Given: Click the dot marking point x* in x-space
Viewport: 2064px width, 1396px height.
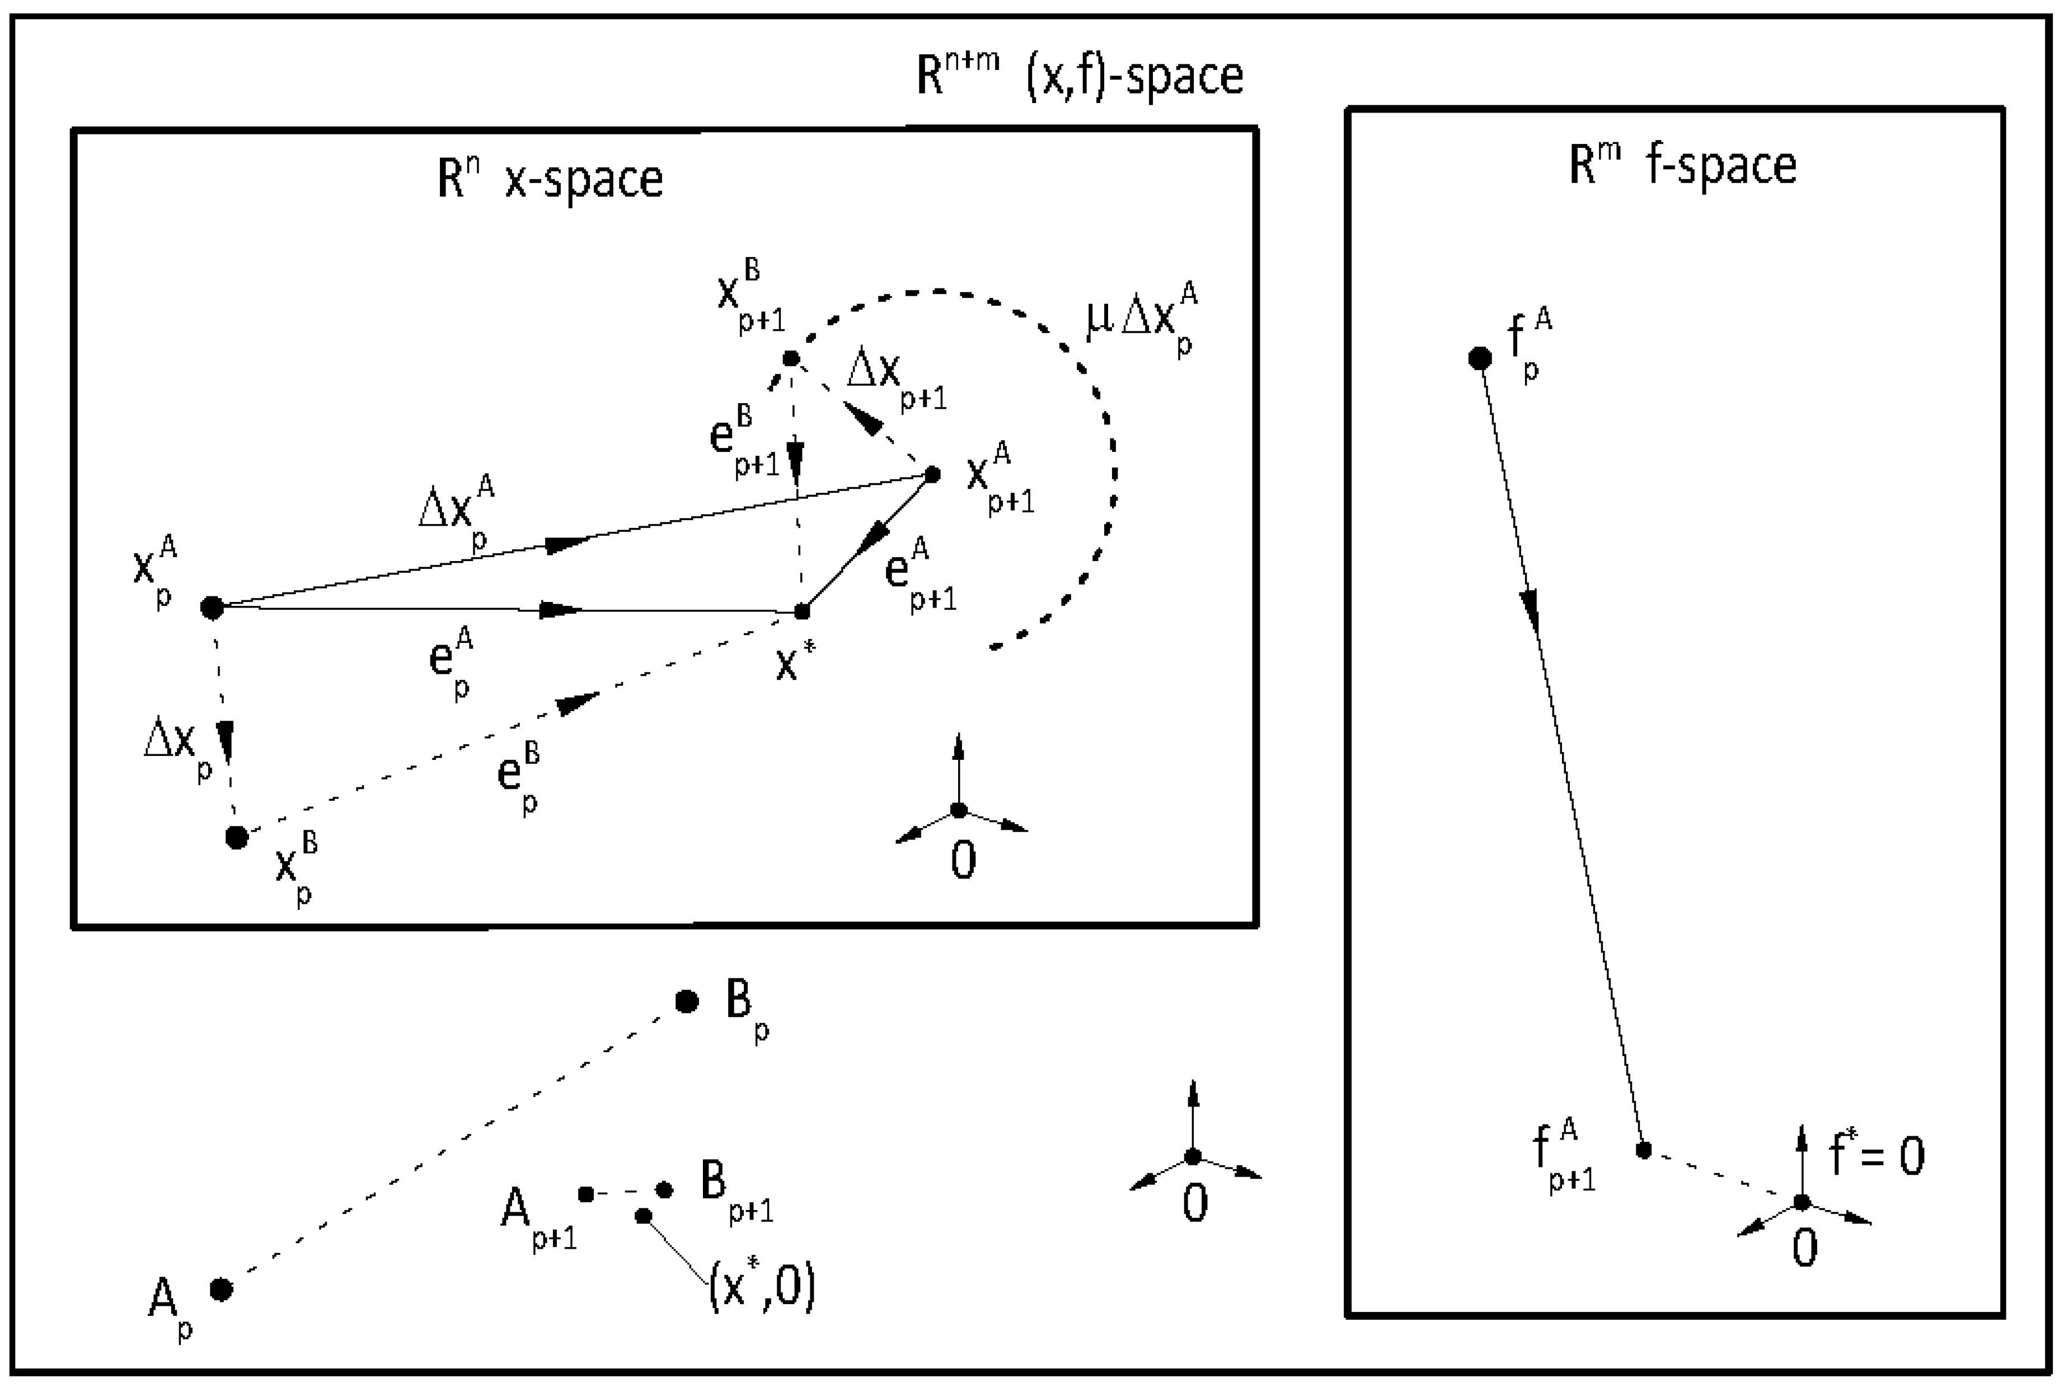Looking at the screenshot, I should pyautogui.click(x=802, y=611).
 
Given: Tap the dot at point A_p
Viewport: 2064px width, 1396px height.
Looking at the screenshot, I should pyautogui.click(x=221, y=1288).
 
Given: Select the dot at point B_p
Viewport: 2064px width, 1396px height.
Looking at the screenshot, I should pyautogui.click(x=687, y=1001).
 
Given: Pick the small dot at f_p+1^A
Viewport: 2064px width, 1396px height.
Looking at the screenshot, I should pyautogui.click(x=1643, y=1150).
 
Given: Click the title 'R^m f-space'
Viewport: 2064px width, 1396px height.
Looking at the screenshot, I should pyautogui.click(x=1682, y=165).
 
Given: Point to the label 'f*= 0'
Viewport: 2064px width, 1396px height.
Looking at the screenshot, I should pyautogui.click(x=1876, y=1155).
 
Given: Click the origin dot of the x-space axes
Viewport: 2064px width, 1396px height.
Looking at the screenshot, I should pyautogui.click(x=958, y=810).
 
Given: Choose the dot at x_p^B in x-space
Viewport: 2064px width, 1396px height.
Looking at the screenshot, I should pyautogui.click(x=236, y=837).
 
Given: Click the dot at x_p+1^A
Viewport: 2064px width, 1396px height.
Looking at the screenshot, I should pyautogui.click(x=932, y=474).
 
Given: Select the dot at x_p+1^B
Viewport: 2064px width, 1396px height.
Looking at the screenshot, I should pyautogui.click(x=790, y=359).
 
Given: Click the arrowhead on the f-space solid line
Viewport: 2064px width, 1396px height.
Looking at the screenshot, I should pyautogui.click(x=1530, y=610).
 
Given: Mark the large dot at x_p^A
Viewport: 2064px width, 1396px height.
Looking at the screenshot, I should pyautogui.click(x=212, y=608).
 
